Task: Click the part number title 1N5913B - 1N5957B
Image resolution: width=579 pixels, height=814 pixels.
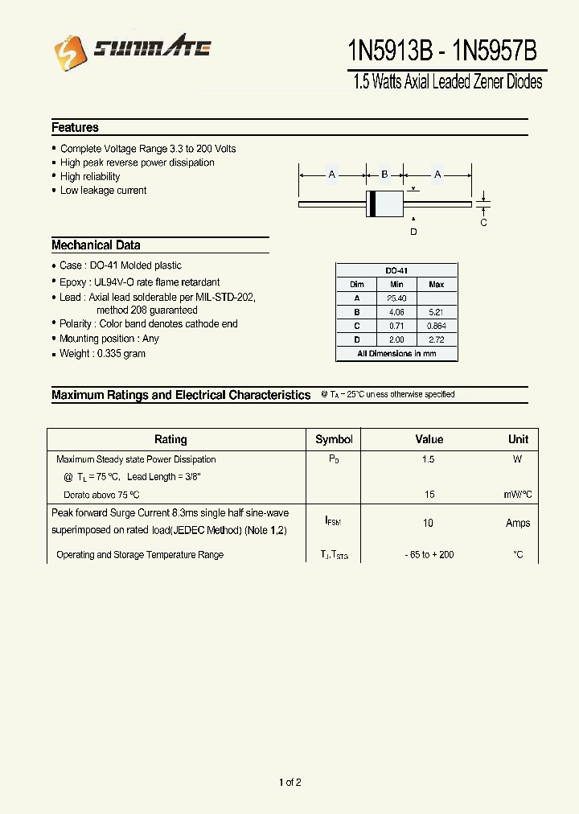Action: [x=441, y=51]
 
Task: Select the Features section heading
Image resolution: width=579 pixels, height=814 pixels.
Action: [x=75, y=127]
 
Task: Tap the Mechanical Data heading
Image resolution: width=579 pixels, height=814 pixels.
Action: [x=96, y=245]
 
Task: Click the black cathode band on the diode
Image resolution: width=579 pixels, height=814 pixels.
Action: [x=372, y=204]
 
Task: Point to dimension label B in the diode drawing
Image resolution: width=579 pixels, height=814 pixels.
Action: [x=384, y=175]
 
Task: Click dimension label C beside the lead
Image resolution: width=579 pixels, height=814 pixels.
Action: [x=483, y=223]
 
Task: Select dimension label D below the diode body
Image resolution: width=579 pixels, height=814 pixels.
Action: [x=413, y=232]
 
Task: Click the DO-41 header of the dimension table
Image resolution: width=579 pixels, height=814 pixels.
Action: [x=396, y=271]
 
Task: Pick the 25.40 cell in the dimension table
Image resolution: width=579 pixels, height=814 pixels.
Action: [x=396, y=298]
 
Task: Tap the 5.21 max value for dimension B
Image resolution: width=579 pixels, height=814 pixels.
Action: [x=437, y=312]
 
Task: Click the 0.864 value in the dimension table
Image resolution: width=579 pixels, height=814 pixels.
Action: [x=437, y=326]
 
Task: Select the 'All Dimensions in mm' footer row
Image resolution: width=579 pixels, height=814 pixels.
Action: [x=396, y=354]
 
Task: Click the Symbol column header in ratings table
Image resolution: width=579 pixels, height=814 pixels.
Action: [x=334, y=439]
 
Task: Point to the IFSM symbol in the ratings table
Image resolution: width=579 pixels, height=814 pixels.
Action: [x=333, y=521]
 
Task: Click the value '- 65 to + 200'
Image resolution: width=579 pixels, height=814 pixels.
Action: [x=429, y=555]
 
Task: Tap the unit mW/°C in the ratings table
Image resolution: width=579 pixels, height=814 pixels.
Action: [x=518, y=495]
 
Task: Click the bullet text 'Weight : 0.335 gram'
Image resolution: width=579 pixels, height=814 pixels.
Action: [x=102, y=354]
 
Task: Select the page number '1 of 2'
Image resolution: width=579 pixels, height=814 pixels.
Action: [x=289, y=783]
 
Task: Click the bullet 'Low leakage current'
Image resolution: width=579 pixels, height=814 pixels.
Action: [x=103, y=191]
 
